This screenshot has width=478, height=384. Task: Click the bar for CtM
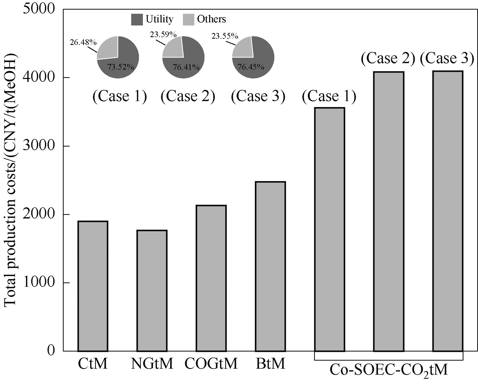click(93, 286)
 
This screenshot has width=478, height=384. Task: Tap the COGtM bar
click(211, 278)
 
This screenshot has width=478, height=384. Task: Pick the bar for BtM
click(270, 266)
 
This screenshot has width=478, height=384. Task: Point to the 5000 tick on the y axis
click(39, 9)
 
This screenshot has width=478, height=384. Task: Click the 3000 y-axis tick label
click(39, 146)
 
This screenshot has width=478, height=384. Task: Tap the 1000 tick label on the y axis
click(39, 282)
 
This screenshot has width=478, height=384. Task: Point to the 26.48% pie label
click(83, 42)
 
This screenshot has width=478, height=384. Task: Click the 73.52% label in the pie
click(121, 67)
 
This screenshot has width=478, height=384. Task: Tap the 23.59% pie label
click(163, 34)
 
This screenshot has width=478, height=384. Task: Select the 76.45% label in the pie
click(251, 67)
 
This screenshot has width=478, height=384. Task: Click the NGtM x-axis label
click(152, 363)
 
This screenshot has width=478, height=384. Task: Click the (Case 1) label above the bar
click(329, 96)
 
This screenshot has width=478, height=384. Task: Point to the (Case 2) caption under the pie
click(188, 96)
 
